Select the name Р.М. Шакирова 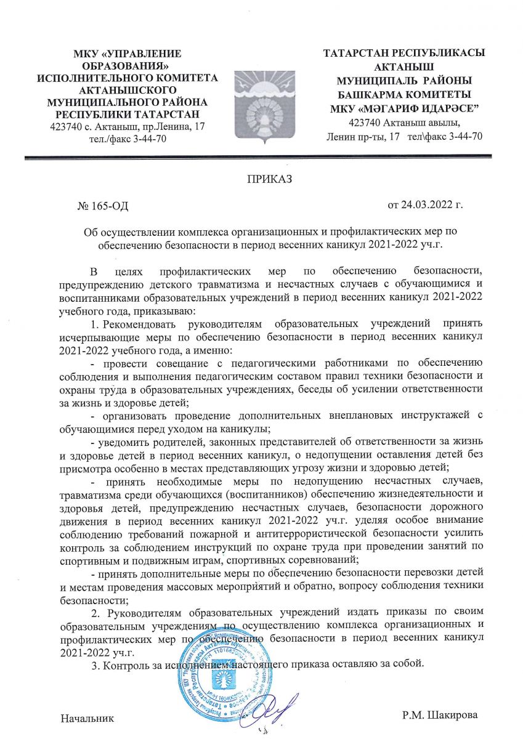point(439,715)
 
